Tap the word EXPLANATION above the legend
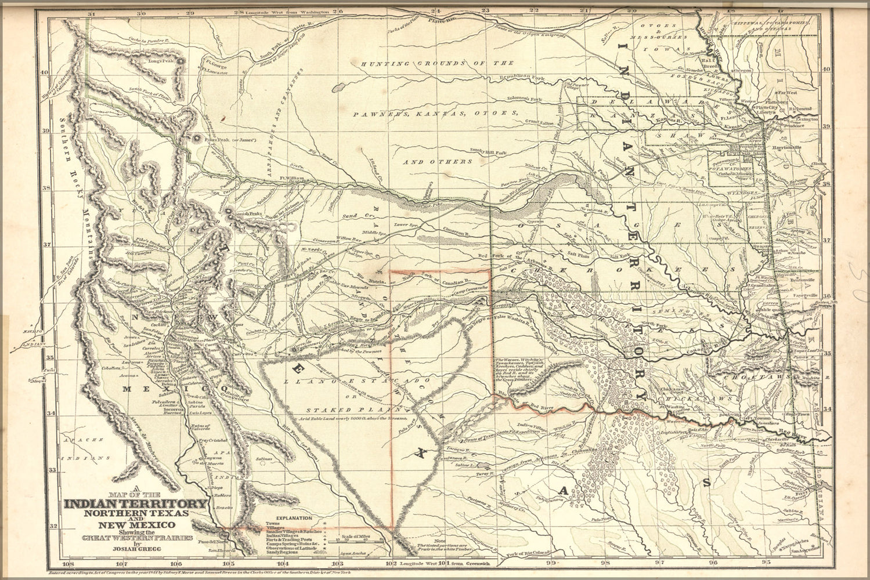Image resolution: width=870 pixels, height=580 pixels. tap(294, 517)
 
